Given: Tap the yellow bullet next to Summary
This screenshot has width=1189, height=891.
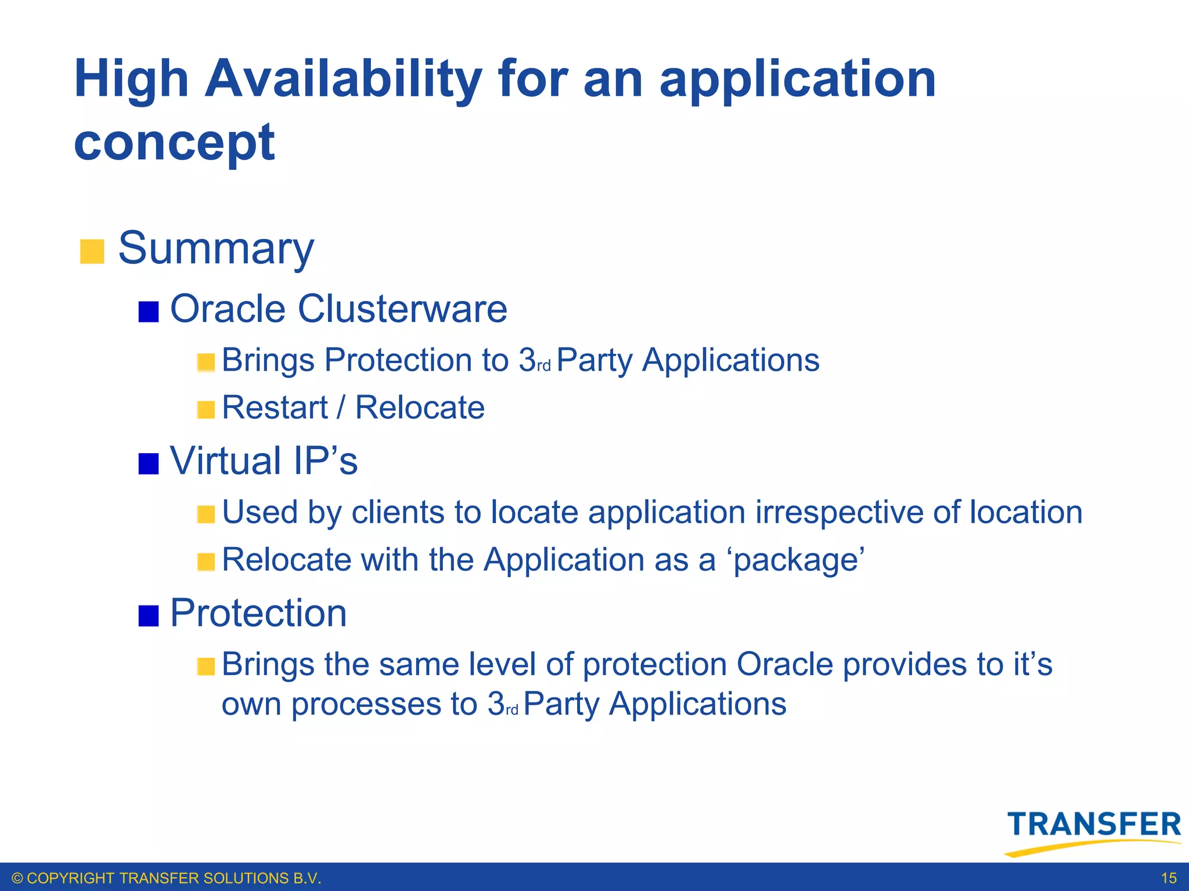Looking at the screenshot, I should click(92, 251).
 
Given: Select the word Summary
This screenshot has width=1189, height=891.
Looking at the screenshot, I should click(216, 248).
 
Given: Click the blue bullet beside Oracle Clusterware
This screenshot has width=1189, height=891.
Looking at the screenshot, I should click(149, 312).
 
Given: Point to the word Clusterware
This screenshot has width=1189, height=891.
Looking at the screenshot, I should click(402, 309).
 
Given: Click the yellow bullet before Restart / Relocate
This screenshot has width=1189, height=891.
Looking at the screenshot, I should click(206, 410).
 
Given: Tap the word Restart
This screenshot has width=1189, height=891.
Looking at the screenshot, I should click(275, 407).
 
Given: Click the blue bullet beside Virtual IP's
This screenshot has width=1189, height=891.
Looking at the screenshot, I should click(149, 463).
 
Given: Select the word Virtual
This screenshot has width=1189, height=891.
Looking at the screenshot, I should click(225, 461).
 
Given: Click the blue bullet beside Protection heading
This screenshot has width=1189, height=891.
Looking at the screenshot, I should click(149, 615).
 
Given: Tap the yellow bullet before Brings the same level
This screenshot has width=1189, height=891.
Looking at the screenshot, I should click(206, 667).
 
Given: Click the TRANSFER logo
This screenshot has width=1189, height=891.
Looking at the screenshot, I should click(1093, 831).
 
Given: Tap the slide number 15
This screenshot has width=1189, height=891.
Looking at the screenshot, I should click(1169, 878).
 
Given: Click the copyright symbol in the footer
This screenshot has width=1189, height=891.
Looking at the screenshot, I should click(17, 878).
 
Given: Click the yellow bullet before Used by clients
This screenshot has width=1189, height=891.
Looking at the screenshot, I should click(206, 515).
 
